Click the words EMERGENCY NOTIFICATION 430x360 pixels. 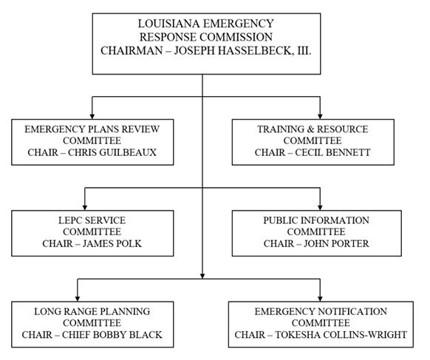click(320, 311)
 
